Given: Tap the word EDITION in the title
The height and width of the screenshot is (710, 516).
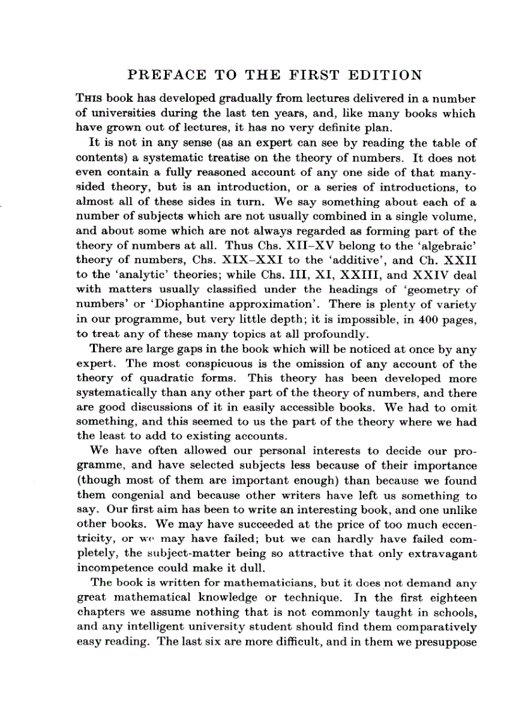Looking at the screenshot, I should point(384,76).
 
